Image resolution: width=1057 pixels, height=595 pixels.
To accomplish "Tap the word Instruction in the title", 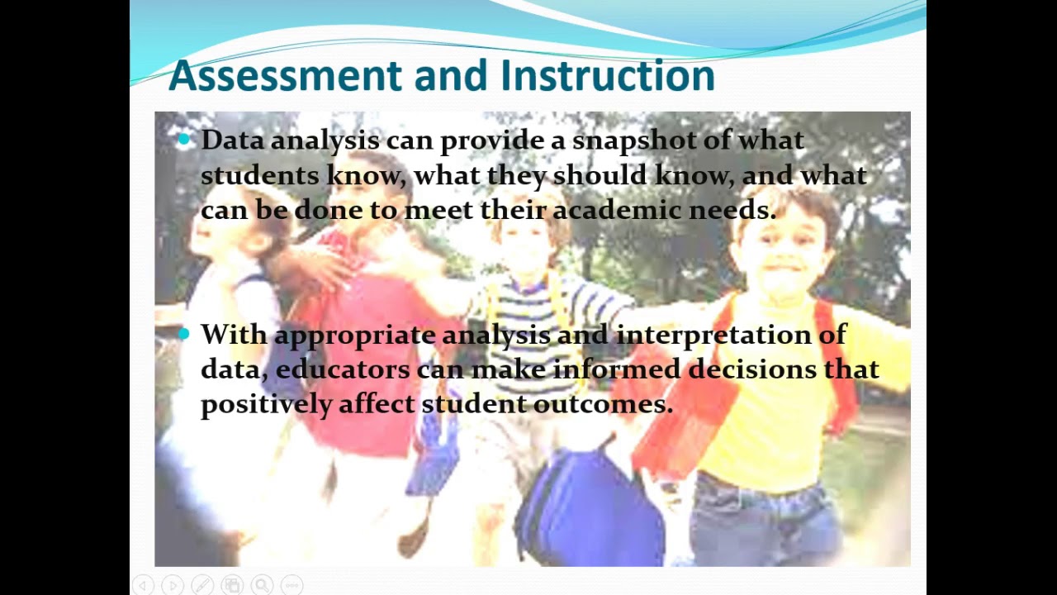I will [x=607, y=76].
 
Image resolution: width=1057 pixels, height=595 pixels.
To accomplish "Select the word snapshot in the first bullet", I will [x=633, y=140].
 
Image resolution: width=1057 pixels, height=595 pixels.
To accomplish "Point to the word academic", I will [x=616, y=210].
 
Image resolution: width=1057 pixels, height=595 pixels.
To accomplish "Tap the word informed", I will [x=616, y=369].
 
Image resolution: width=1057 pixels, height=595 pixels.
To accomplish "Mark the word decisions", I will [x=751, y=369].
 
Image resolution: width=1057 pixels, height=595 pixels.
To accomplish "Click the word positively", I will [x=265, y=404].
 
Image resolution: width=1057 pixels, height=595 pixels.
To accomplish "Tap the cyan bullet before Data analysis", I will [x=183, y=140].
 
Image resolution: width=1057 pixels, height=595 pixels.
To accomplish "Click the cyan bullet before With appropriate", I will [x=183, y=334].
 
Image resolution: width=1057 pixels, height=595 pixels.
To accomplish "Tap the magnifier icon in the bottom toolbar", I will [x=262, y=585].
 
